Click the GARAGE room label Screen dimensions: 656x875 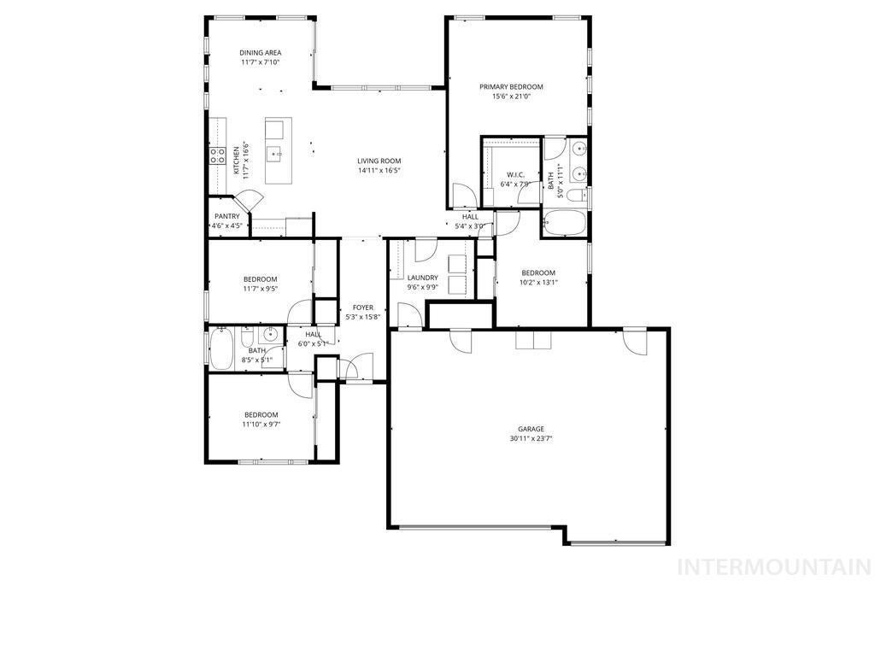[x=531, y=429]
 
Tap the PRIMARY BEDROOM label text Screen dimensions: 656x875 [x=511, y=86]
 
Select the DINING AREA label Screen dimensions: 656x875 [x=260, y=53]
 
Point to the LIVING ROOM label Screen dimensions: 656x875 [x=379, y=161]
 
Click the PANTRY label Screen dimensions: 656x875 [x=227, y=216]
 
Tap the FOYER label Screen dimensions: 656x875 [x=362, y=307]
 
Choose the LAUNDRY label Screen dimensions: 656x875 [x=422, y=278]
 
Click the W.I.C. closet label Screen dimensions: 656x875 [x=515, y=174]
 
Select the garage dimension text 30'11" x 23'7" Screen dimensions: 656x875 [x=531, y=439]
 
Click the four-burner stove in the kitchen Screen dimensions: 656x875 [x=217, y=155]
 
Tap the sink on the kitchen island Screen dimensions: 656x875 [x=275, y=155]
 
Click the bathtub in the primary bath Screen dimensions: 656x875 [x=565, y=225]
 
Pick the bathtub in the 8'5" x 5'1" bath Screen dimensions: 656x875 [x=220, y=348]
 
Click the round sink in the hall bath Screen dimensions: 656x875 [x=269, y=334]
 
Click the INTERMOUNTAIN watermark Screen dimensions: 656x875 [x=773, y=567]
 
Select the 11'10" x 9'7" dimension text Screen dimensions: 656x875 [x=261, y=424]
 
